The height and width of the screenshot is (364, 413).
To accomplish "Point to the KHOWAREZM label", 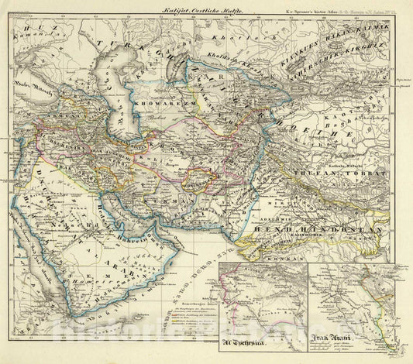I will (x=160, y=100).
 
